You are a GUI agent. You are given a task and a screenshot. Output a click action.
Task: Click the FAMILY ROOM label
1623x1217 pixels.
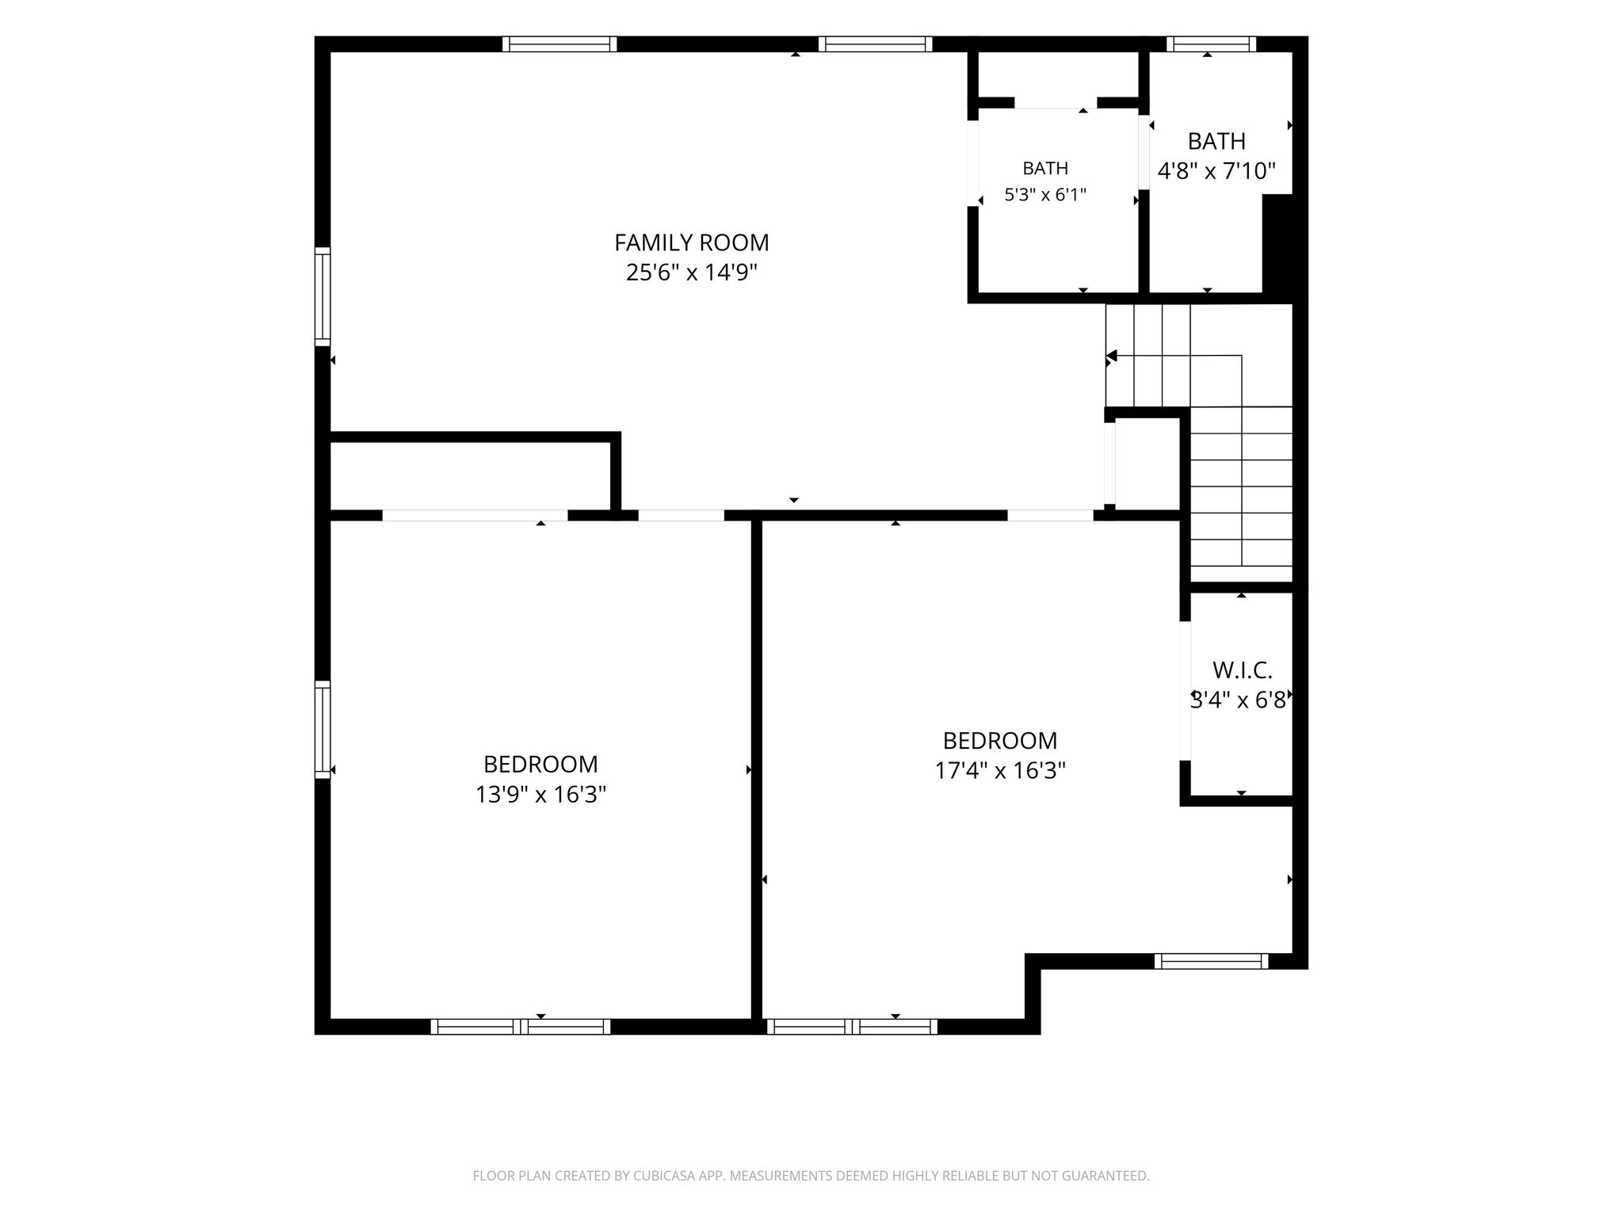pos(691,242)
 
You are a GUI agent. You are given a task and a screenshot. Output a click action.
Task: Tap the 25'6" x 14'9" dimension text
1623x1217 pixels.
pos(691,273)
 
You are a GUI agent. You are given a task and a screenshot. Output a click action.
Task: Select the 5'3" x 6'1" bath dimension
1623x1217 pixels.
pos(1045,194)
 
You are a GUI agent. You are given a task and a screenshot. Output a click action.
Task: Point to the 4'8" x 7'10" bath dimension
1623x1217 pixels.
pos(1216,171)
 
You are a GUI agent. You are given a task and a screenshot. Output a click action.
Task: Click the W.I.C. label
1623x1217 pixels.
pos(1242,670)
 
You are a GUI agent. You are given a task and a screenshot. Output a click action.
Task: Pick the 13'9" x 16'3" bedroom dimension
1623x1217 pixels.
pos(540,794)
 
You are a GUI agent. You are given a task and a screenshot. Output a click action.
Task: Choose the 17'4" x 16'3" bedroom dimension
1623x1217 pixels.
pos(1000,770)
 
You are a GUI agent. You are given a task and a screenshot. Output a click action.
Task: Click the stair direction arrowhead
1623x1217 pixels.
pos(1112,356)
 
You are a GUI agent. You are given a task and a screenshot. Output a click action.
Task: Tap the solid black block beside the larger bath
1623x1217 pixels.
pos(1277,244)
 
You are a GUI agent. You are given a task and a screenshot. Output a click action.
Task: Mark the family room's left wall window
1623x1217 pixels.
pos(323,296)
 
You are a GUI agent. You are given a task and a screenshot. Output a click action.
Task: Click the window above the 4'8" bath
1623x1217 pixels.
pos(1211,44)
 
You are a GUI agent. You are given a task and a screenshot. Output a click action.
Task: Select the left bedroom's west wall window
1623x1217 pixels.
pos(323,729)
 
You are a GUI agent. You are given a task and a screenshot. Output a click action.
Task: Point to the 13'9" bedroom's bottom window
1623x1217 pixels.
pos(521,1026)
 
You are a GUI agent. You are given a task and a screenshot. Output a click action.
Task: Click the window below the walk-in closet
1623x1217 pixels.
pos(1211,961)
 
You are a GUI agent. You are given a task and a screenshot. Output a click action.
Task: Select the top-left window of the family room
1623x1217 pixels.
pos(559,44)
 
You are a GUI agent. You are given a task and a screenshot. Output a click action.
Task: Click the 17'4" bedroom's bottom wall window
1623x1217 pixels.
pos(852,1026)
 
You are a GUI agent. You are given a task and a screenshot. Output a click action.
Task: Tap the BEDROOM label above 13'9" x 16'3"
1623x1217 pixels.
pos(540,764)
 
